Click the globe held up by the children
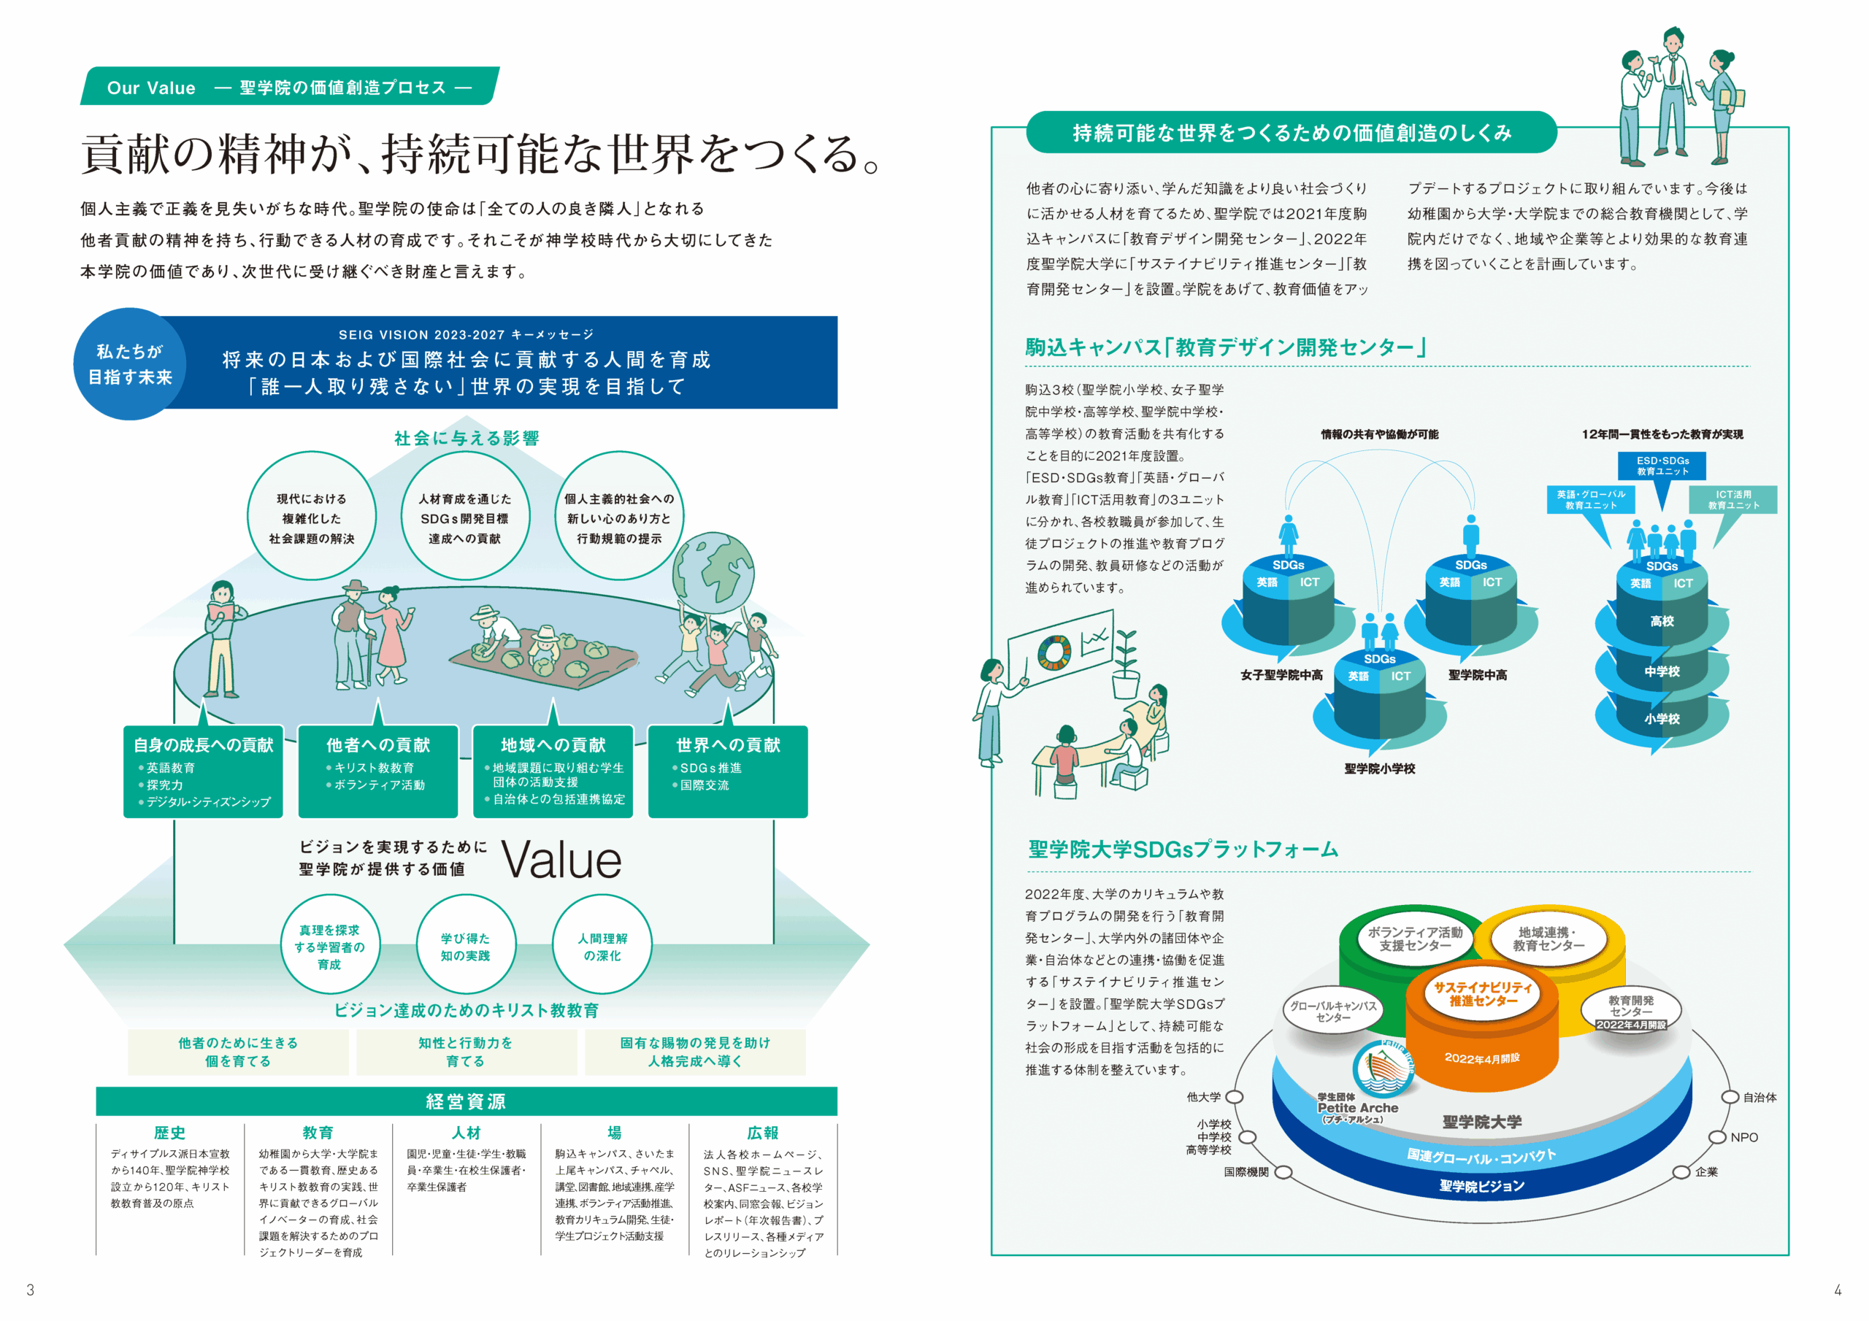coord(714,571)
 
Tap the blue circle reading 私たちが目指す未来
coord(129,364)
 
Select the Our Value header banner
coord(289,87)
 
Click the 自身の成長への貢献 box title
coord(204,744)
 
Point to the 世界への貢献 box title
coord(728,744)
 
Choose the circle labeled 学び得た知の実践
coord(466,947)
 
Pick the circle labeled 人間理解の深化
coord(602,947)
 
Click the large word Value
coord(561,860)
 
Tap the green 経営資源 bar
coord(467,1101)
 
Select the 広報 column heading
coord(763,1133)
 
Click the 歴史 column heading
coord(169,1133)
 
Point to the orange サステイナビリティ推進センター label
coord(1482,994)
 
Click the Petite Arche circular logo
coord(1383,1067)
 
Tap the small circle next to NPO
coord(1718,1137)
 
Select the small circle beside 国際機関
coord(1283,1172)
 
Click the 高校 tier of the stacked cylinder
coord(1662,621)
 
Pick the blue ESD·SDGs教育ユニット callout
coord(1662,466)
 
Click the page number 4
coord(1838,1290)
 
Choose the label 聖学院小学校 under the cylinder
coord(1380,769)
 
